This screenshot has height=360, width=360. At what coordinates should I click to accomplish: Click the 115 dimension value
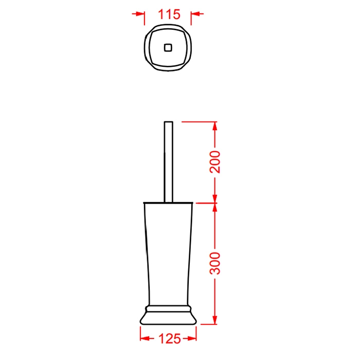[169, 14]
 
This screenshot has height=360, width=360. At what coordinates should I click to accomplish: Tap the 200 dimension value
[215, 162]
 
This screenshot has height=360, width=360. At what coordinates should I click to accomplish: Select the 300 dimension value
[215, 263]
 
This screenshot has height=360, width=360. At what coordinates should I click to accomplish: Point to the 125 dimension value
[170, 338]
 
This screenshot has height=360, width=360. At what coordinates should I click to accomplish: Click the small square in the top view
[168, 48]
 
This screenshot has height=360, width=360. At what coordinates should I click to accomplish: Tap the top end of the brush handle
[169, 122]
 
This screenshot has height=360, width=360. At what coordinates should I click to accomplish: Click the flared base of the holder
[168, 318]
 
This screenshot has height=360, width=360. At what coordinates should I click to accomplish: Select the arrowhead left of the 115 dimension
[140, 14]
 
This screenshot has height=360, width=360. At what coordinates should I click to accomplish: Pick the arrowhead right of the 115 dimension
[195, 14]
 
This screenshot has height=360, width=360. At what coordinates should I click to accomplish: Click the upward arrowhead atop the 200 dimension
[215, 127]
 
